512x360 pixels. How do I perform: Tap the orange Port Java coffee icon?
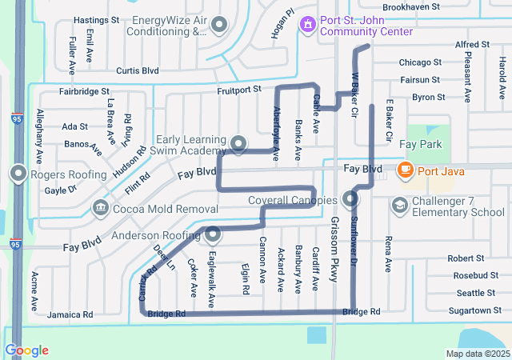tap(405, 170)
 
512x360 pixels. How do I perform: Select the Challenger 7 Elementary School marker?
tap(399, 206)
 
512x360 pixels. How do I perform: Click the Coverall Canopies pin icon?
tap(350, 199)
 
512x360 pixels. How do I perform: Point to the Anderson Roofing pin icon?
tap(213, 235)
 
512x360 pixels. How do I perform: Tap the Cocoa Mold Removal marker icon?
tap(100, 208)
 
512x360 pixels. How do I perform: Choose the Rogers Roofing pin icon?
tap(18, 174)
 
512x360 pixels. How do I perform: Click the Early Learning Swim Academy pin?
tap(238, 144)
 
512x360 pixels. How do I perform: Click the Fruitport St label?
tap(240, 91)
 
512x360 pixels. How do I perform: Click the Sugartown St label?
tap(470, 310)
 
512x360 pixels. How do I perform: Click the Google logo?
tap(26, 350)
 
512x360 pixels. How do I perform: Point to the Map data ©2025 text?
tap(477, 354)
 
